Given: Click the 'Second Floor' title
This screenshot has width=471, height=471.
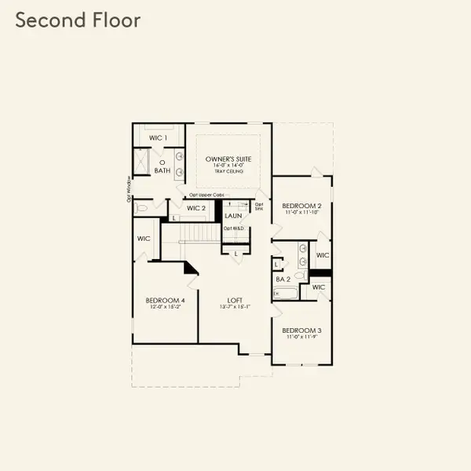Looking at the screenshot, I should click(x=78, y=20).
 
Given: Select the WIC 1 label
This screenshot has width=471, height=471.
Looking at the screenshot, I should click(x=159, y=138).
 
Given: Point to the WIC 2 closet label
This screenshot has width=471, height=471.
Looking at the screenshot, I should click(x=196, y=208).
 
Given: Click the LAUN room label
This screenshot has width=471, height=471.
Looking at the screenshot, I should click(x=232, y=214).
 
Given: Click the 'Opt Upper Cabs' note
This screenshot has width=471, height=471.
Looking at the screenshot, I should click(x=206, y=194).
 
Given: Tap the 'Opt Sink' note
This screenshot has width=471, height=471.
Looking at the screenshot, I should click(x=259, y=206).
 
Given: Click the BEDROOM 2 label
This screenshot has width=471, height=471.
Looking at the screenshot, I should click(x=301, y=206).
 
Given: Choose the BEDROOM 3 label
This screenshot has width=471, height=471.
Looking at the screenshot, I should click(x=301, y=331).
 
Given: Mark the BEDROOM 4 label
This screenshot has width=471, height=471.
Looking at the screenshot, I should click(x=165, y=301).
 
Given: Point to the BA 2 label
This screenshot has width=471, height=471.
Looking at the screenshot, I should click(x=283, y=279).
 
